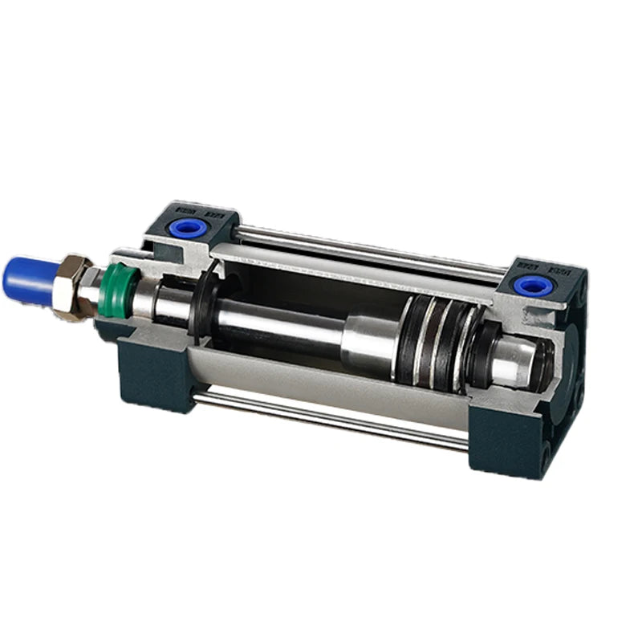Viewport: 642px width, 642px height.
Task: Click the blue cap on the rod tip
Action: pos(27,278)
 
